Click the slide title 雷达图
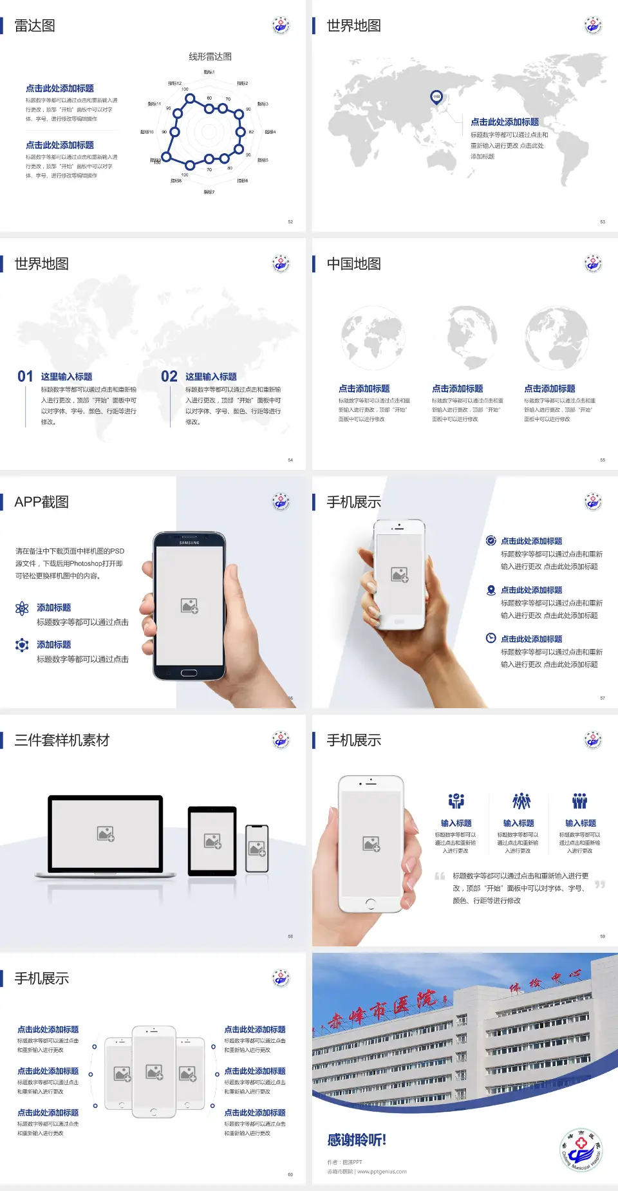click(35, 26)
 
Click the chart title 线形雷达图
click(210, 57)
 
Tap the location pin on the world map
click(436, 97)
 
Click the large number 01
click(25, 377)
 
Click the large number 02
click(169, 377)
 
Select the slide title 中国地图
click(353, 264)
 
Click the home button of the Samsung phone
click(189, 673)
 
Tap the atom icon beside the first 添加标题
click(22, 608)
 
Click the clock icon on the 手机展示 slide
click(491, 638)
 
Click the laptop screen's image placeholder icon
click(106, 834)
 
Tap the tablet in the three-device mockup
click(212, 841)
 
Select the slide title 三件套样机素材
click(62, 740)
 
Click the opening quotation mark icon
click(440, 876)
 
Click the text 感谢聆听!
click(357, 1140)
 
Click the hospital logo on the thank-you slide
click(581, 1149)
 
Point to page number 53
click(603, 221)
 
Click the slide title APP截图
click(41, 502)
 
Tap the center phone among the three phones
click(154, 1071)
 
